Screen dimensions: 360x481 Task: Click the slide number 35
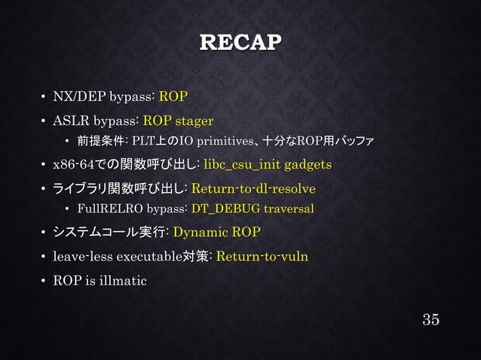(430, 319)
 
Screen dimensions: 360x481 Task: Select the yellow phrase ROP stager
(178, 120)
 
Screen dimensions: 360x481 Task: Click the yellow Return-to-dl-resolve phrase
(253, 188)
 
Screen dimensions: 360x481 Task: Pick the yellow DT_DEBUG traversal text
(253, 209)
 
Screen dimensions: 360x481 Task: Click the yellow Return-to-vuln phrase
(262, 257)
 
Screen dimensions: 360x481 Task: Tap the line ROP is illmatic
(100, 281)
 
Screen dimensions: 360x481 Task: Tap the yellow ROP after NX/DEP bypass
(173, 97)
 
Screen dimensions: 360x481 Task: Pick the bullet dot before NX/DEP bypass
(42, 98)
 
